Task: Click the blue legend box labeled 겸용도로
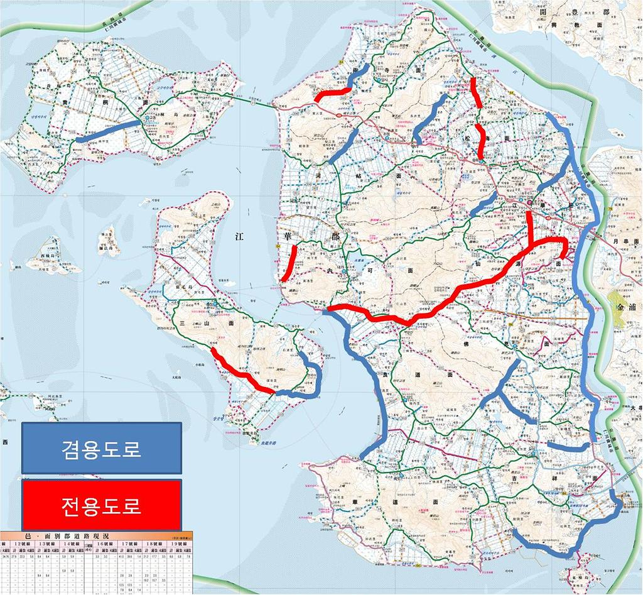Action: click(101, 447)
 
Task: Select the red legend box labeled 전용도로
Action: click(101, 505)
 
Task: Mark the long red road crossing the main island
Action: click(440, 302)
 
